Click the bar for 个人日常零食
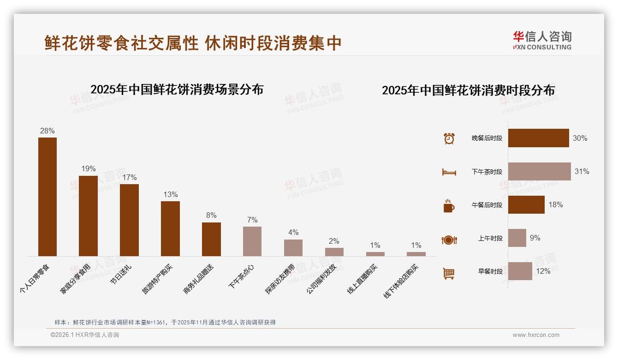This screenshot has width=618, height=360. click(48, 197)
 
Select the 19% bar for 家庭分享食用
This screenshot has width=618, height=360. click(88, 216)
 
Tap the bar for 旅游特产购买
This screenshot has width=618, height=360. click(170, 228)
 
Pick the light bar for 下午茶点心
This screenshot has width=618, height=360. click(252, 241)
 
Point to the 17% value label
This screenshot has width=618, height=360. click(129, 178)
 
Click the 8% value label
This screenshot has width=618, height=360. click(211, 216)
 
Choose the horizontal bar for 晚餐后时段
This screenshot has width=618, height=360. click(538, 138)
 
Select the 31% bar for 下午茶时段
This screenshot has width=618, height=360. click(539, 171)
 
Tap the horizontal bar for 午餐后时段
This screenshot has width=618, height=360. click(526, 204)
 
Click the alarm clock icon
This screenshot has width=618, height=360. click(449, 138)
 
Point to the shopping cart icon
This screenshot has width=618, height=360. click(449, 274)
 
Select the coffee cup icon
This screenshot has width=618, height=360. click(449, 206)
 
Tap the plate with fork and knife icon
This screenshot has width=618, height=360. click(449, 240)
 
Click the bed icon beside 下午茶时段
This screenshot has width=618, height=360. click(449, 172)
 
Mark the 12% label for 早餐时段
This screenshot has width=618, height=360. click(543, 271)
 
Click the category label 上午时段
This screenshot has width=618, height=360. click(490, 239)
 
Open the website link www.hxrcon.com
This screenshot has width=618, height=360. click(536, 335)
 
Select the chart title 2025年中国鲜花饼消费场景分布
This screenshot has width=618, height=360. click(177, 90)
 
